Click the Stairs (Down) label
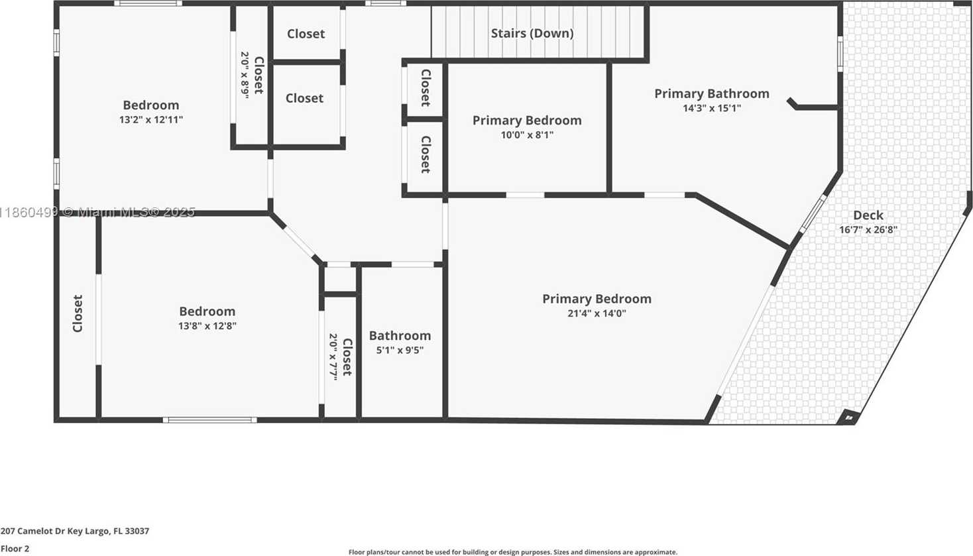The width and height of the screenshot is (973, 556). pos(532,33)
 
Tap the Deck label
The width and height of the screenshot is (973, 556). pos(868,215)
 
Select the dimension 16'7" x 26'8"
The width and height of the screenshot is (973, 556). pos(868,229)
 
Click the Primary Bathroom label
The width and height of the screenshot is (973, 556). pos(711,94)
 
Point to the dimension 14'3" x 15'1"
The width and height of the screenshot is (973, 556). pos(711,108)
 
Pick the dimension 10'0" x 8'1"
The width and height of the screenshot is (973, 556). pos(527,135)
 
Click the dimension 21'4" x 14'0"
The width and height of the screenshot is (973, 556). pos(597,313)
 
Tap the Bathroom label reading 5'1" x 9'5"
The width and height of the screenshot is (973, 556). pos(400,336)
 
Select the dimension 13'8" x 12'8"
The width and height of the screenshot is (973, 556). pos(207,326)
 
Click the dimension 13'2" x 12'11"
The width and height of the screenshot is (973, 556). pos(151,119)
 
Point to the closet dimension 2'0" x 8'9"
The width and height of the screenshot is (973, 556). pos(245,75)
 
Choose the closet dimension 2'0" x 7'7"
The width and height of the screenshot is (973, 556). pos(333,357)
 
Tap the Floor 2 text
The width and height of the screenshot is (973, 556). pos(15,549)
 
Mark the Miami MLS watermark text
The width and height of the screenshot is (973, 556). pos(97,212)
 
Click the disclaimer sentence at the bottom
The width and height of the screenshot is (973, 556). pos(513,552)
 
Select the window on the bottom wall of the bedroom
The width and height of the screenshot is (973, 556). pos(210,420)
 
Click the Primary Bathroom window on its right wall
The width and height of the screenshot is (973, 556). pos(840,54)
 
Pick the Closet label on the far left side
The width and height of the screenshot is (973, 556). pos(78,313)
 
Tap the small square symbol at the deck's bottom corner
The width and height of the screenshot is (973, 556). pos(849,417)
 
